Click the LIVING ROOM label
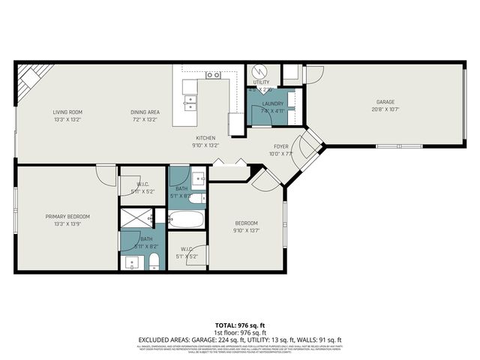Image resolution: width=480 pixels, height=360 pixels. (x=66, y=112)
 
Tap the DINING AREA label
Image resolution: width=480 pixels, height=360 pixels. (x=146, y=112)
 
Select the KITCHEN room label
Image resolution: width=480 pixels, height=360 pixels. (x=206, y=138)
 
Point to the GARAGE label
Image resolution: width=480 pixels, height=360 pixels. (x=385, y=102)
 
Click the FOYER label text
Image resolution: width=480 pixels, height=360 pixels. (x=280, y=147)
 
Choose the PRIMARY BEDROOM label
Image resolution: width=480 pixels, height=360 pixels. (x=67, y=216)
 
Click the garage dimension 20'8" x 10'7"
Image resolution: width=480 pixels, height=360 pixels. (x=385, y=109)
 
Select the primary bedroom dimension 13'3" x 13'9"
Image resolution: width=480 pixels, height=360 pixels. (x=67, y=223)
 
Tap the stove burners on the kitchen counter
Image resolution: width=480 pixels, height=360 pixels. (x=213, y=75)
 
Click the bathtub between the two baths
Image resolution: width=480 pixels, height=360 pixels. (x=186, y=220)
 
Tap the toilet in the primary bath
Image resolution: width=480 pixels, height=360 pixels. (x=154, y=260)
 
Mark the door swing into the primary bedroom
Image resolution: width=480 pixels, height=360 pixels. (x=106, y=174)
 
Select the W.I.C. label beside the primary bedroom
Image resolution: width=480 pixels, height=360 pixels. (x=145, y=184)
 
